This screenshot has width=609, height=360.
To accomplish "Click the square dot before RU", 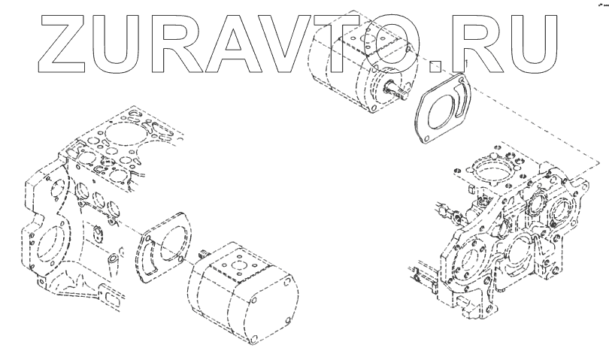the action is pyautogui.click(x=436, y=66).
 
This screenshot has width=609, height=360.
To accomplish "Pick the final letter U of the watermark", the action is pyautogui.click(x=533, y=44).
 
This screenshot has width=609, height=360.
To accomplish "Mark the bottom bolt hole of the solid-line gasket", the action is pyautogui.click(x=426, y=138).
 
